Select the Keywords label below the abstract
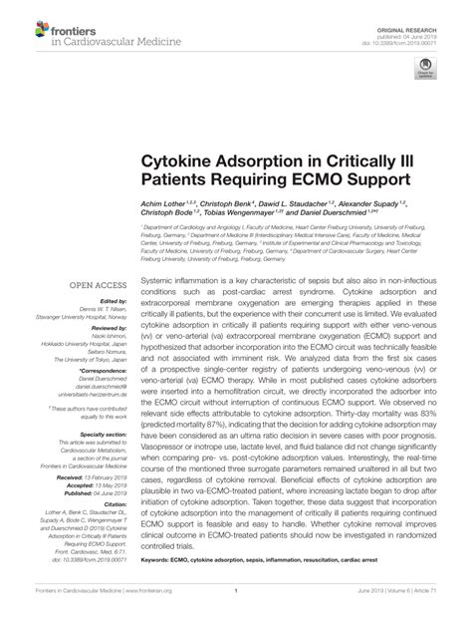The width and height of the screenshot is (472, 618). (160, 560)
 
